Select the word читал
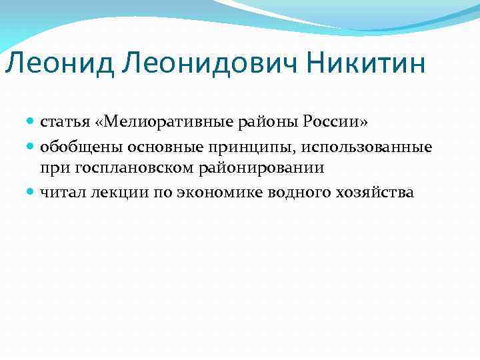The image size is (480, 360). click(x=59, y=192)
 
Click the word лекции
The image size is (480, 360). click(x=109, y=193)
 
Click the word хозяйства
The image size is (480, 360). click(x=362, y=192)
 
